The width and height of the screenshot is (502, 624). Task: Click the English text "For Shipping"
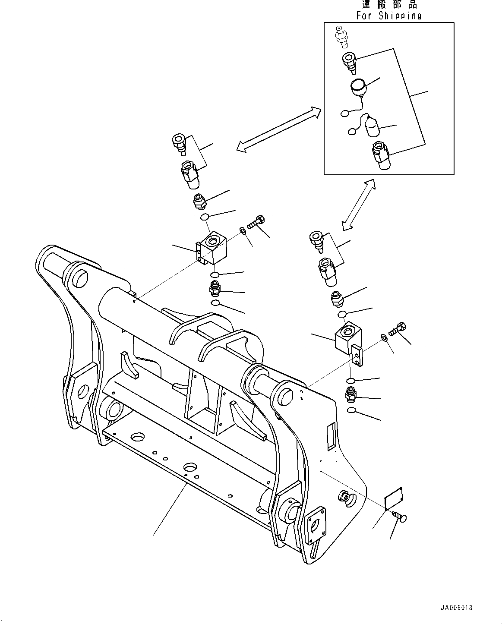coord(388,16)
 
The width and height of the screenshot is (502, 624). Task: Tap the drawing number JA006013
coord(456,608)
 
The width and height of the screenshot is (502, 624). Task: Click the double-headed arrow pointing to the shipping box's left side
coord(279,129)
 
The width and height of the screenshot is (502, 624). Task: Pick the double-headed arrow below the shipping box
coord(358,205)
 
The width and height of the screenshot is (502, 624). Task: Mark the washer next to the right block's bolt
coord(384,337)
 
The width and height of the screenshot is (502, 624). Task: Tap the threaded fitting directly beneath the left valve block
coord(215,287)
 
